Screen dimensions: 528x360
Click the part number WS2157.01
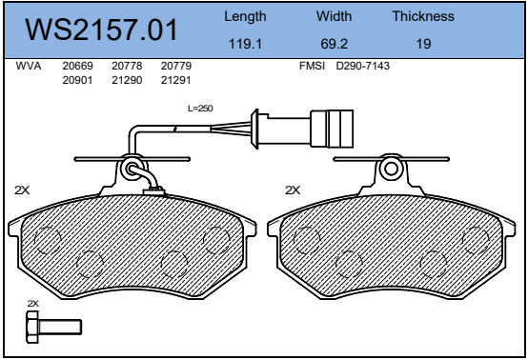pos(101,30)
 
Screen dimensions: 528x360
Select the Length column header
pos(245,16)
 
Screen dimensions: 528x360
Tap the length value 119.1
pos(245,44)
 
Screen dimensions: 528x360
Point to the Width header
pos(334,16)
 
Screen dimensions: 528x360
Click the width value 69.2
pos(334,44)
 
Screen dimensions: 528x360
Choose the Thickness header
pos(423,16)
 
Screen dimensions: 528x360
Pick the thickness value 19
pos(423,44)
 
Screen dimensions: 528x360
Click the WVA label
pos(29,66)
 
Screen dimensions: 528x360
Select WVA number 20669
pos(77,66)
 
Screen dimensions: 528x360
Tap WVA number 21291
pos(175,80)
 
